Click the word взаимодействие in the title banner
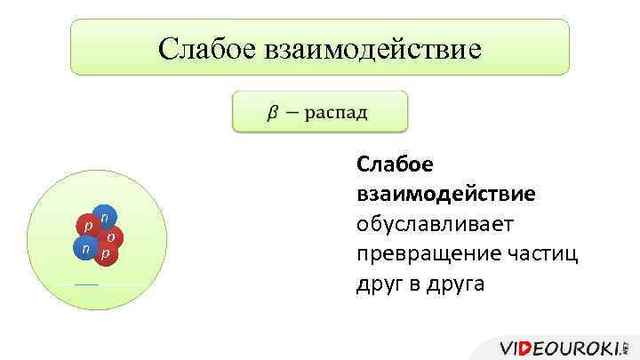pyautogui.click(x=372, y=48)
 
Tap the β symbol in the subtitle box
pyautogui.click(x=270, y=113)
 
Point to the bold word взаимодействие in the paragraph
pyautogui.click(x=445, y=193)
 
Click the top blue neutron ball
pyautogui.click(x=105, y=217)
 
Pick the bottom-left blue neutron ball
pyautogui.click(x=84, y=250)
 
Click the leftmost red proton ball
pyautogui.click(x=87, y=226)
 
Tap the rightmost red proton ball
pyautogui.click(x=111, y=237)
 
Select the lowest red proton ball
pyautogui.click(x=106, y=254)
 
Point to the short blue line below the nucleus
pyautogui.click(x=86, y=284)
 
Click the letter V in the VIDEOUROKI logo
pyautogui.click(x=508, y=348)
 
